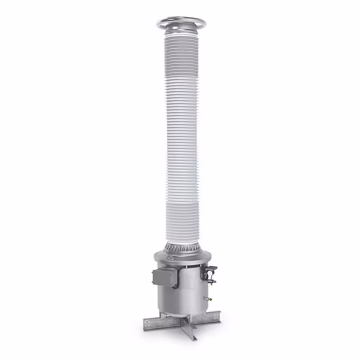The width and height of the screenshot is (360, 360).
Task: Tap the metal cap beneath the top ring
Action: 181,30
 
